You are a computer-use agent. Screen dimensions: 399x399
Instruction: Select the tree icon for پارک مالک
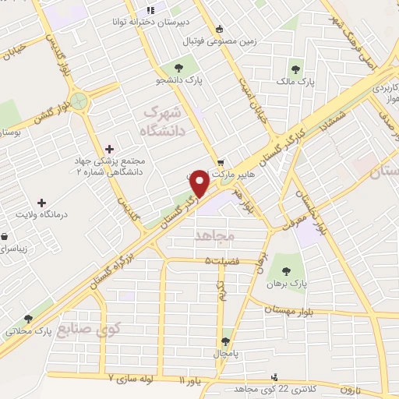[x=296, y=67]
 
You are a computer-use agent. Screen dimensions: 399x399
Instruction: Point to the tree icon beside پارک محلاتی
[x=29, y=318]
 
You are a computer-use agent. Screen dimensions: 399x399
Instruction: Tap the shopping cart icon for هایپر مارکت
[x=221, y=164]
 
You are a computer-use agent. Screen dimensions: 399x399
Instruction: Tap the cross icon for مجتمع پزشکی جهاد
[x=109, y=148]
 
